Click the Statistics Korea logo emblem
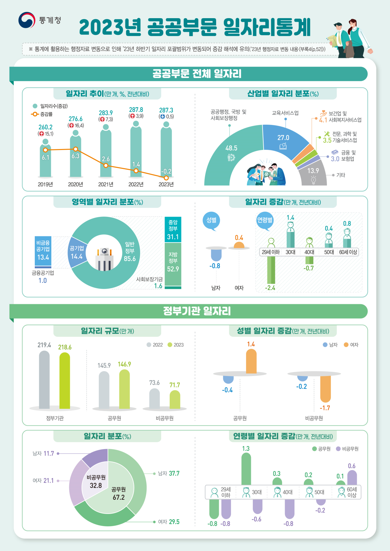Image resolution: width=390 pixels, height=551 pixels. [x=27, y=20]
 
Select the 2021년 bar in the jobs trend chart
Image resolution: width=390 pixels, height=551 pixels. [x=106, y=153]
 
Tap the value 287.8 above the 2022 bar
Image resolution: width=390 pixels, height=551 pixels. [x=136, y=110]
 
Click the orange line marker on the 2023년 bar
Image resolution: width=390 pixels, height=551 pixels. [x=166, y=178]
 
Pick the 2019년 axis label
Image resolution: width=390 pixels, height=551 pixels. [x=45, y=184]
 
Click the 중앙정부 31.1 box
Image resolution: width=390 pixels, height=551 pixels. [x=173, y=229]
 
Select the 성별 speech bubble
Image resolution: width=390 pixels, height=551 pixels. [x=211, y=220]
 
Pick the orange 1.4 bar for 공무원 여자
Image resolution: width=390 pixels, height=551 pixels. [x=251, y=361]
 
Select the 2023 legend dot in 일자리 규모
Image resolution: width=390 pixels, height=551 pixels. [x=170, y=345]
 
